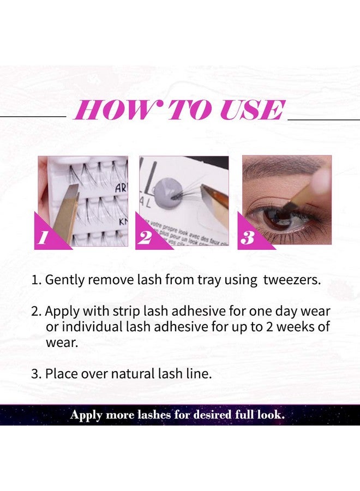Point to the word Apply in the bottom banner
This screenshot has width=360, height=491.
(x=87, y=415)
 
